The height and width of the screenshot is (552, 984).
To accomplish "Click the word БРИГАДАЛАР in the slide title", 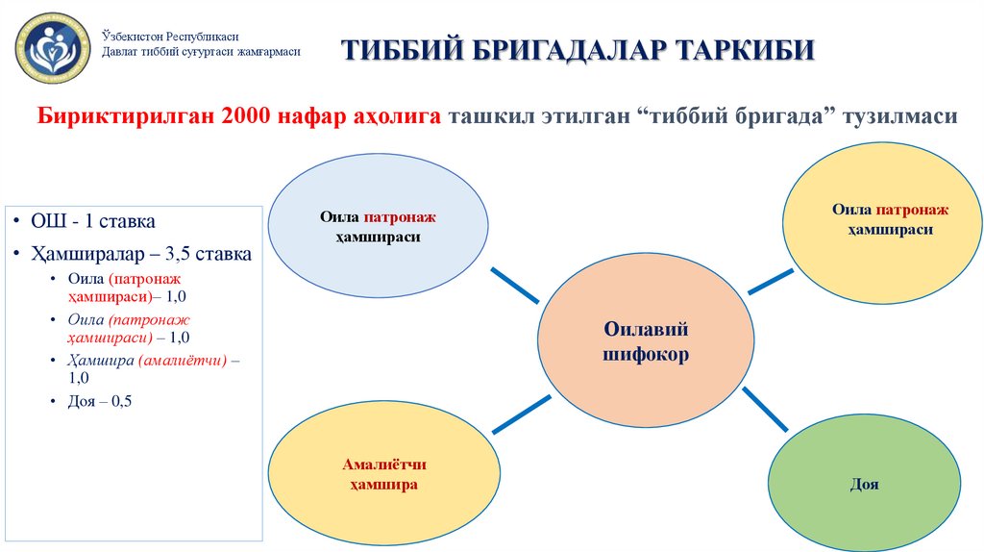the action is [555, 49].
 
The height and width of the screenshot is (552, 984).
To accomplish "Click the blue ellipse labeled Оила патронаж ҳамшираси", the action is [371, 227].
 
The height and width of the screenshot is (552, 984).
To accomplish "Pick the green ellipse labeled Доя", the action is [864, 485].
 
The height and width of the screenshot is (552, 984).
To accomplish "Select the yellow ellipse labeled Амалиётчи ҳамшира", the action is [384, 475].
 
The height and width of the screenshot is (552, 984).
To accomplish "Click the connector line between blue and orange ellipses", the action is [515, 285].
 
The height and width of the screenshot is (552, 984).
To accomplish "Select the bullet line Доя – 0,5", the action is [100, 402].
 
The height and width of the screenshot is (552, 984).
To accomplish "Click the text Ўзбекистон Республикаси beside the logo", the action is [170, 36].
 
